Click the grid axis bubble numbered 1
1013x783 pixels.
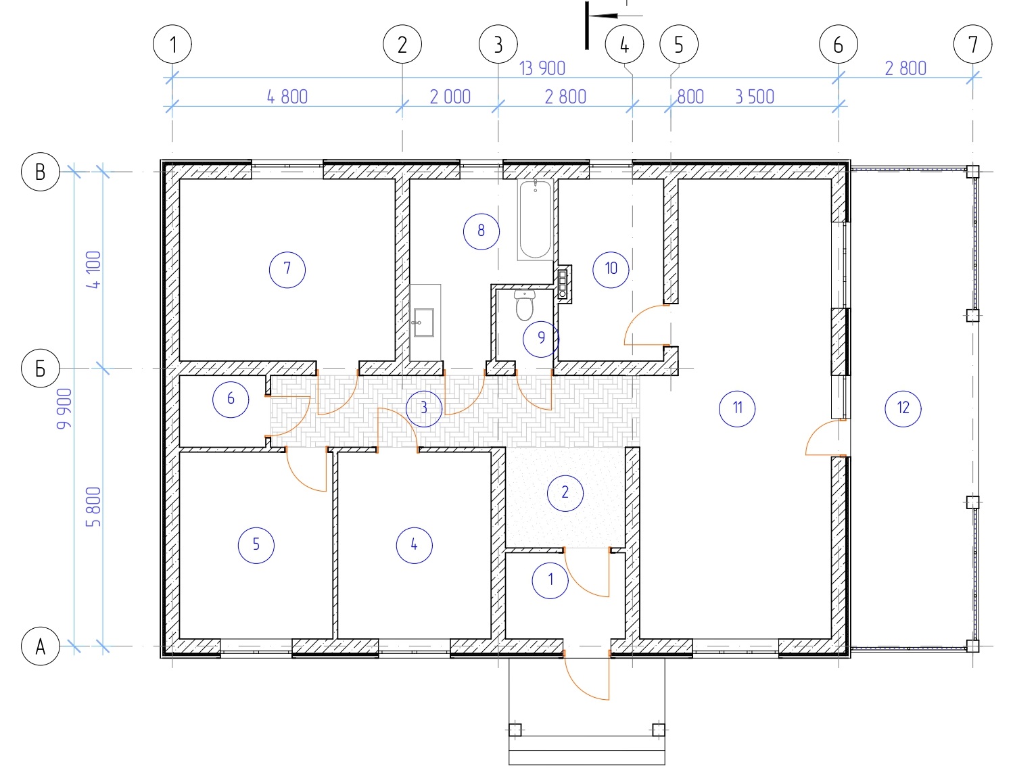click(x=172, y=44)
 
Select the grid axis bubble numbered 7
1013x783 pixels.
click(x=972, y=44)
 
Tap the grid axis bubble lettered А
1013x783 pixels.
click(x=41, y=646)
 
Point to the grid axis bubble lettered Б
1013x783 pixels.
click(x=41, y=369)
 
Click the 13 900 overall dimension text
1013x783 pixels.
click(x=542, y=68)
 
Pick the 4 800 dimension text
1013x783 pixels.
click(x=287, y=97)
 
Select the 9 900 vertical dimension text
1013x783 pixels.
click(x=64, y=408)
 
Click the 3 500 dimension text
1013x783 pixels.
click(x=755, y=97)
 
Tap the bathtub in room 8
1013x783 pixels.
click(x=535, y=219)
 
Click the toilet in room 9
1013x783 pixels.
click(x=525, y=305)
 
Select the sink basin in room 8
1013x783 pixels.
click(x=424, y=323)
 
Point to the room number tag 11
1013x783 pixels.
click(x=737, y=408)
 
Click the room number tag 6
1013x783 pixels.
click(x=231, y=399)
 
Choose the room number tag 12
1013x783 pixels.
click(x=903, y=408)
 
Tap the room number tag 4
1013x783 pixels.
click(x=414, y=545)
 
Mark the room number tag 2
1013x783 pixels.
click(x=565, y=493)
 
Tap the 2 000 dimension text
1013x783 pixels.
click(x=450, y=97)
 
